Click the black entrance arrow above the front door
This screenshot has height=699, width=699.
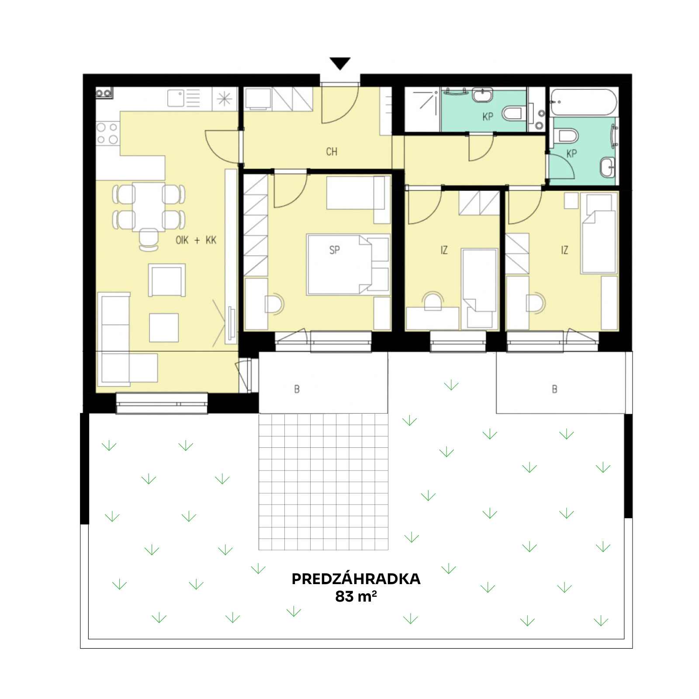click(x=340, y=63)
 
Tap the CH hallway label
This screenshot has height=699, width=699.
click(x=332, y=152)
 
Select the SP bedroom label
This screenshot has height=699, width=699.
click(x=334, y=250)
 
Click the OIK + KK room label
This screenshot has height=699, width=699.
click(x=196, y=240)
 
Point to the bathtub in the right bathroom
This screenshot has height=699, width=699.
click(x=584, y=102)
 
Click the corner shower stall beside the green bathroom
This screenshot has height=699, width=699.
click(x=422, y=109)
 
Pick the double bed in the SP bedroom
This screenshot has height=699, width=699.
click(x=348, y=264)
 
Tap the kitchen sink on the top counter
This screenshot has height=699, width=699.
click(x=176, y=98)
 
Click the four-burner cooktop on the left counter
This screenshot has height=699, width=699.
click(x=107, y=133)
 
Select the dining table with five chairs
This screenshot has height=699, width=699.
click(x=149, y=207)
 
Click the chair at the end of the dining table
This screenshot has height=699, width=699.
click(x=149, y=239)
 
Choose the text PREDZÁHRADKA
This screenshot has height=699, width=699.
click(x=356, y=579)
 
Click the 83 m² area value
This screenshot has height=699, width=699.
click(x=356, y=596)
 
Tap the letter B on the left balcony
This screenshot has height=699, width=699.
click(x=297, y=389)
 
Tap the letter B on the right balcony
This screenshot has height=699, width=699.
click(x=555, y=389)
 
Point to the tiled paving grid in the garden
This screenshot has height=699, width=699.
click(x=323, y=481)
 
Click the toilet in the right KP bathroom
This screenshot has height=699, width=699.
click(x=566, y=136)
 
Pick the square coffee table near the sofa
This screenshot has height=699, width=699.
click(x=164, y=328)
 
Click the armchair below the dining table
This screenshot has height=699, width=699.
click(x=167, y=280)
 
